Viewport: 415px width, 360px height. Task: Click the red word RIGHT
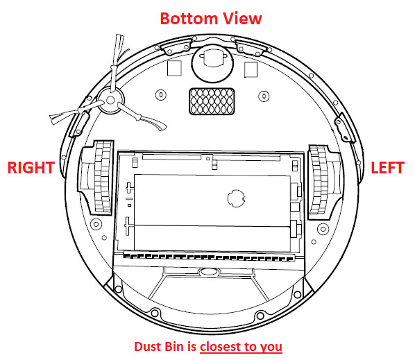click(31, 168)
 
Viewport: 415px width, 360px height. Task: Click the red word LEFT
click(387, 168)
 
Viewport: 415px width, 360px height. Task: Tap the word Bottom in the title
click(189, 19)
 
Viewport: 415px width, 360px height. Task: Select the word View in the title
click(242, 19)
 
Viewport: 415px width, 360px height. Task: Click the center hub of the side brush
click(110, 101)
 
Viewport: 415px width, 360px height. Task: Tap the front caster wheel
click(213, 64)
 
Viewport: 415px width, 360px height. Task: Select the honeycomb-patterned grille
click(212, 101)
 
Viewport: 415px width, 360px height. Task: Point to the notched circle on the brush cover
click(236, 198)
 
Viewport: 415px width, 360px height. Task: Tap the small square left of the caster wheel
click(174, 68)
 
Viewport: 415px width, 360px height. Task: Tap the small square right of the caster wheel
click(251, 69)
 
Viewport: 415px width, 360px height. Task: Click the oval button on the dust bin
click(209, 272)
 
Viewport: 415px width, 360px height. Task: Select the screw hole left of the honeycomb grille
click(161, 95)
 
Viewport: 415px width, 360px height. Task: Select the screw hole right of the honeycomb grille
click(264, 96)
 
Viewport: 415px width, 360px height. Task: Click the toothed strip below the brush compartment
click(209, 257)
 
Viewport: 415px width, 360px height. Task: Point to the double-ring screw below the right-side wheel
click(96, 225)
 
